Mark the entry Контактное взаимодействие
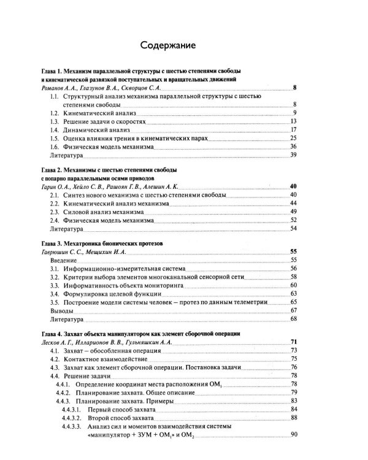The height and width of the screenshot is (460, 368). (x=107, y=359)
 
